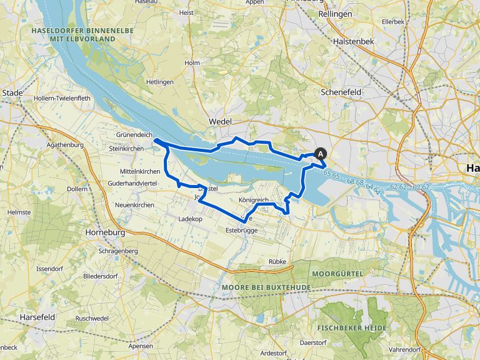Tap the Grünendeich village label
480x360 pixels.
point(133,134)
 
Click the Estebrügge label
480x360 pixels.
point(241,231)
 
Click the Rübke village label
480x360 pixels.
point(277,261)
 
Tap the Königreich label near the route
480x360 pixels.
point(253,200)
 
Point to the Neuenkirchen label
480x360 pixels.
point(134,205)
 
